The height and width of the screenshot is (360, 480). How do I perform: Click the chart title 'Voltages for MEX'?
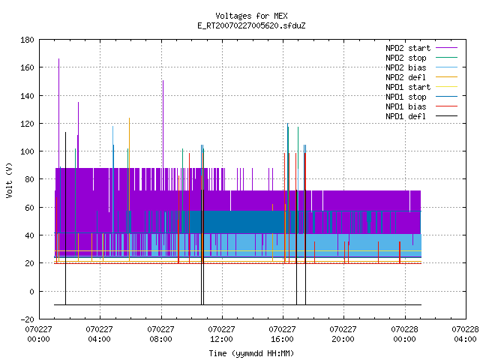coord(251,16)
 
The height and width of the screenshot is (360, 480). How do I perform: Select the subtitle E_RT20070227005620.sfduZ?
coord(251,25)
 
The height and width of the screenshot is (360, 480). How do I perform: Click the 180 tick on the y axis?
coord(27,40)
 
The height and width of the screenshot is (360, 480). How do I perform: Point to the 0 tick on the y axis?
coord(31,292)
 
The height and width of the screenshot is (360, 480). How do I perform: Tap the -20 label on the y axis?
coord(27,319)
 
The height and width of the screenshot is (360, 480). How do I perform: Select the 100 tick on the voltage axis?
coord(27,151)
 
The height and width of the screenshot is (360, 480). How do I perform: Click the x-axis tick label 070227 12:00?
coord(222,334)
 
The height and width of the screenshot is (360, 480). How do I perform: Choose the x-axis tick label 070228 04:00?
coord(465,334)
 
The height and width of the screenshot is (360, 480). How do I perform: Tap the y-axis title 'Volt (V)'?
coord(10,180)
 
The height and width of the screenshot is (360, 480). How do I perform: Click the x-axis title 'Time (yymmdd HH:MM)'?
coord(251,353)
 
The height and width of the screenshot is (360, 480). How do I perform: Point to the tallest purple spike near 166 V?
coord(58,113)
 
